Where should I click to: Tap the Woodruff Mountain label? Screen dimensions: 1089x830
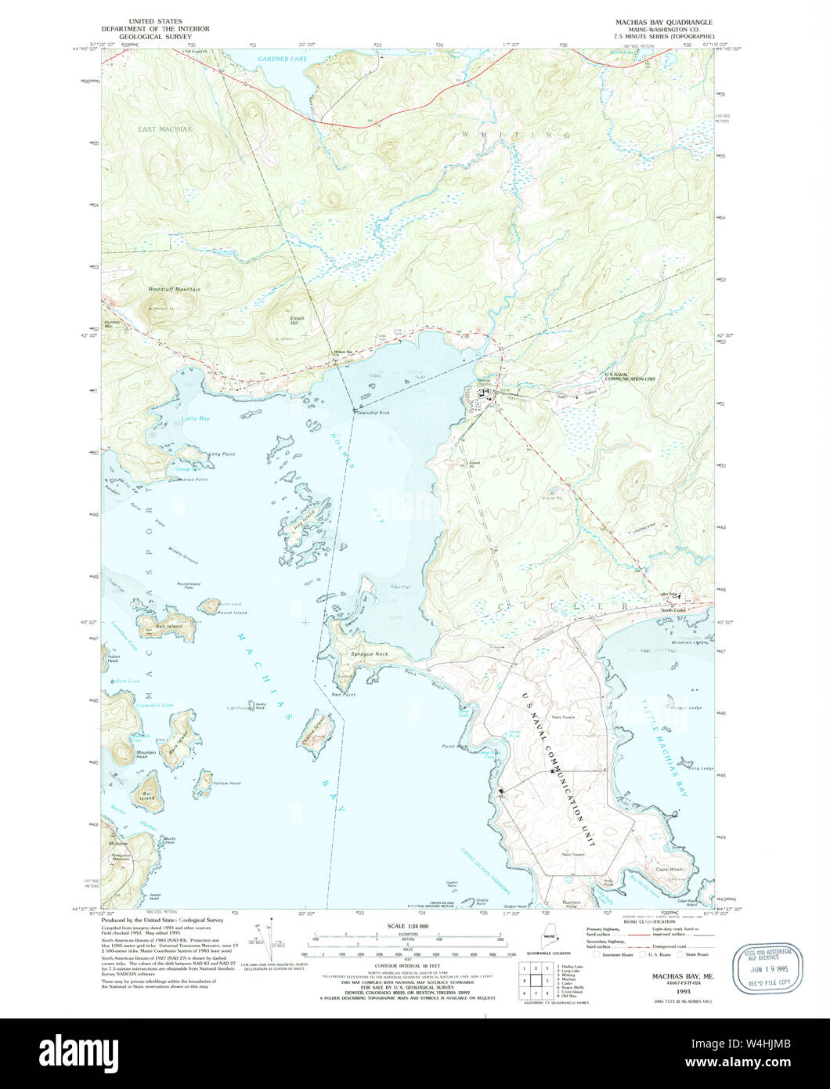pos(174,289)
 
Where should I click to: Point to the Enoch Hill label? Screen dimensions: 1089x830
pos(298,321)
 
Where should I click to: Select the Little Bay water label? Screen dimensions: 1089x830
pos(195,419)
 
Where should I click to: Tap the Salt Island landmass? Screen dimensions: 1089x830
pos(167,627)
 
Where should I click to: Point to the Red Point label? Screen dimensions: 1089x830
pos(343,695)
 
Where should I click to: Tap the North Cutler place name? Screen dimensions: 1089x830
pos(669,610)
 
